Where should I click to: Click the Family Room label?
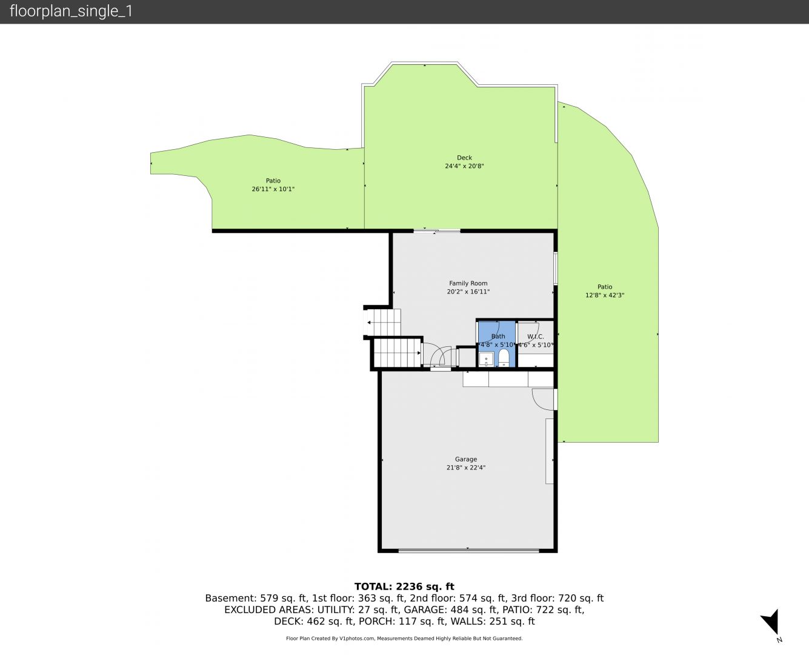pos(468,283)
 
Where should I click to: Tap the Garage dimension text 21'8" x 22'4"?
pos(466,468)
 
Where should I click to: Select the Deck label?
pos(464,158)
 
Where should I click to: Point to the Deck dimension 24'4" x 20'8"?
pos(464,166)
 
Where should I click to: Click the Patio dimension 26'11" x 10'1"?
pos(273,189)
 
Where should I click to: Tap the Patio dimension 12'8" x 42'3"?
pos(605,295)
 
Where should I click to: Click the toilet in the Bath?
pos(504,358)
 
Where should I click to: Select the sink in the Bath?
pos(486,359)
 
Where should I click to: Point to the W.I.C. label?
pos(536,337)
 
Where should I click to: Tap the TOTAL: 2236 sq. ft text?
pos(404,586)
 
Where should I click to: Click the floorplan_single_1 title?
pos(71,12)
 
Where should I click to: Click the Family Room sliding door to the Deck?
pos(437,230)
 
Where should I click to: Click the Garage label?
pos(466,459)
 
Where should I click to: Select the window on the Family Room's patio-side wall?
pos(555,269)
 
